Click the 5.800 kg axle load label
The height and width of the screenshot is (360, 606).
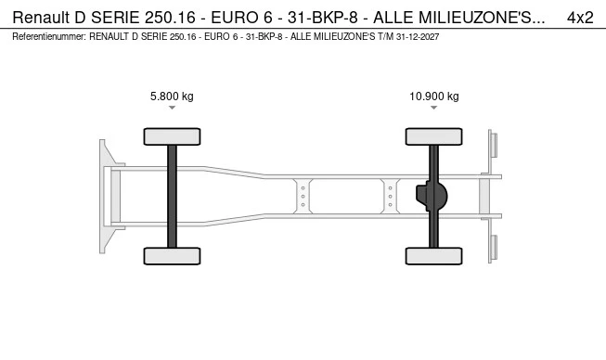coord(172,96)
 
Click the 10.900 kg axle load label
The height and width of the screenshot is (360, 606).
coord(434,96)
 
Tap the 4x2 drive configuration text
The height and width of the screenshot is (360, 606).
coord(580,18)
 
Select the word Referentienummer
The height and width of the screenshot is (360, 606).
coord(48,37)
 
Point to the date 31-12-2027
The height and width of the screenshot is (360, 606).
coord(418,37)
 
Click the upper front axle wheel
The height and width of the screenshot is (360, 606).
coord(172,136)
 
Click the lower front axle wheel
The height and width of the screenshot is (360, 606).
coord(172,256)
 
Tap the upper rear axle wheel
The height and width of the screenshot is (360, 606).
coord(433,136)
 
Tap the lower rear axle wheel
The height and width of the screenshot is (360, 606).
coord(433,256)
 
